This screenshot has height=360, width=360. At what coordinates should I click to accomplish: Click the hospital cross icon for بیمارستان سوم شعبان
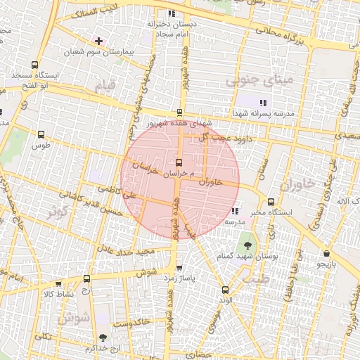[x=99, y=41]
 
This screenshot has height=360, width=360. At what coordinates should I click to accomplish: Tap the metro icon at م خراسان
[x=179, y=162]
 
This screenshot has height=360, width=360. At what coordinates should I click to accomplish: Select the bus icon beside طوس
[x=40, y=134]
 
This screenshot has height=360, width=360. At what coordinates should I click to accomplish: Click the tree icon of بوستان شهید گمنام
[x=247, y=245]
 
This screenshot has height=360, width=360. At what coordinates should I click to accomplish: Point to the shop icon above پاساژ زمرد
[x=179, y=268]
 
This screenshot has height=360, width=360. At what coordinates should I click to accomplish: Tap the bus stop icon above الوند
[x=225, y=290]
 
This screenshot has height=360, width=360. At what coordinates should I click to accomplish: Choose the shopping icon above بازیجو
[x=326, y=253]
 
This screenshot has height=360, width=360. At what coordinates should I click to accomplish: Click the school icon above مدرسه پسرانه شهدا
[x=264, y=103]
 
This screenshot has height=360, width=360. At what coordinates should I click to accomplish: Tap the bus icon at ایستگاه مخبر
[x=271, y=202]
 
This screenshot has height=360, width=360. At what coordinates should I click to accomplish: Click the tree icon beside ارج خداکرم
[x=103, y=338]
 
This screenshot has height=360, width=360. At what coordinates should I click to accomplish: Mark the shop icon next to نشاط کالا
[x=48, y=294]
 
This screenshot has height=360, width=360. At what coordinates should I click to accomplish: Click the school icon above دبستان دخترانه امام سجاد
[x=171, y=13]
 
